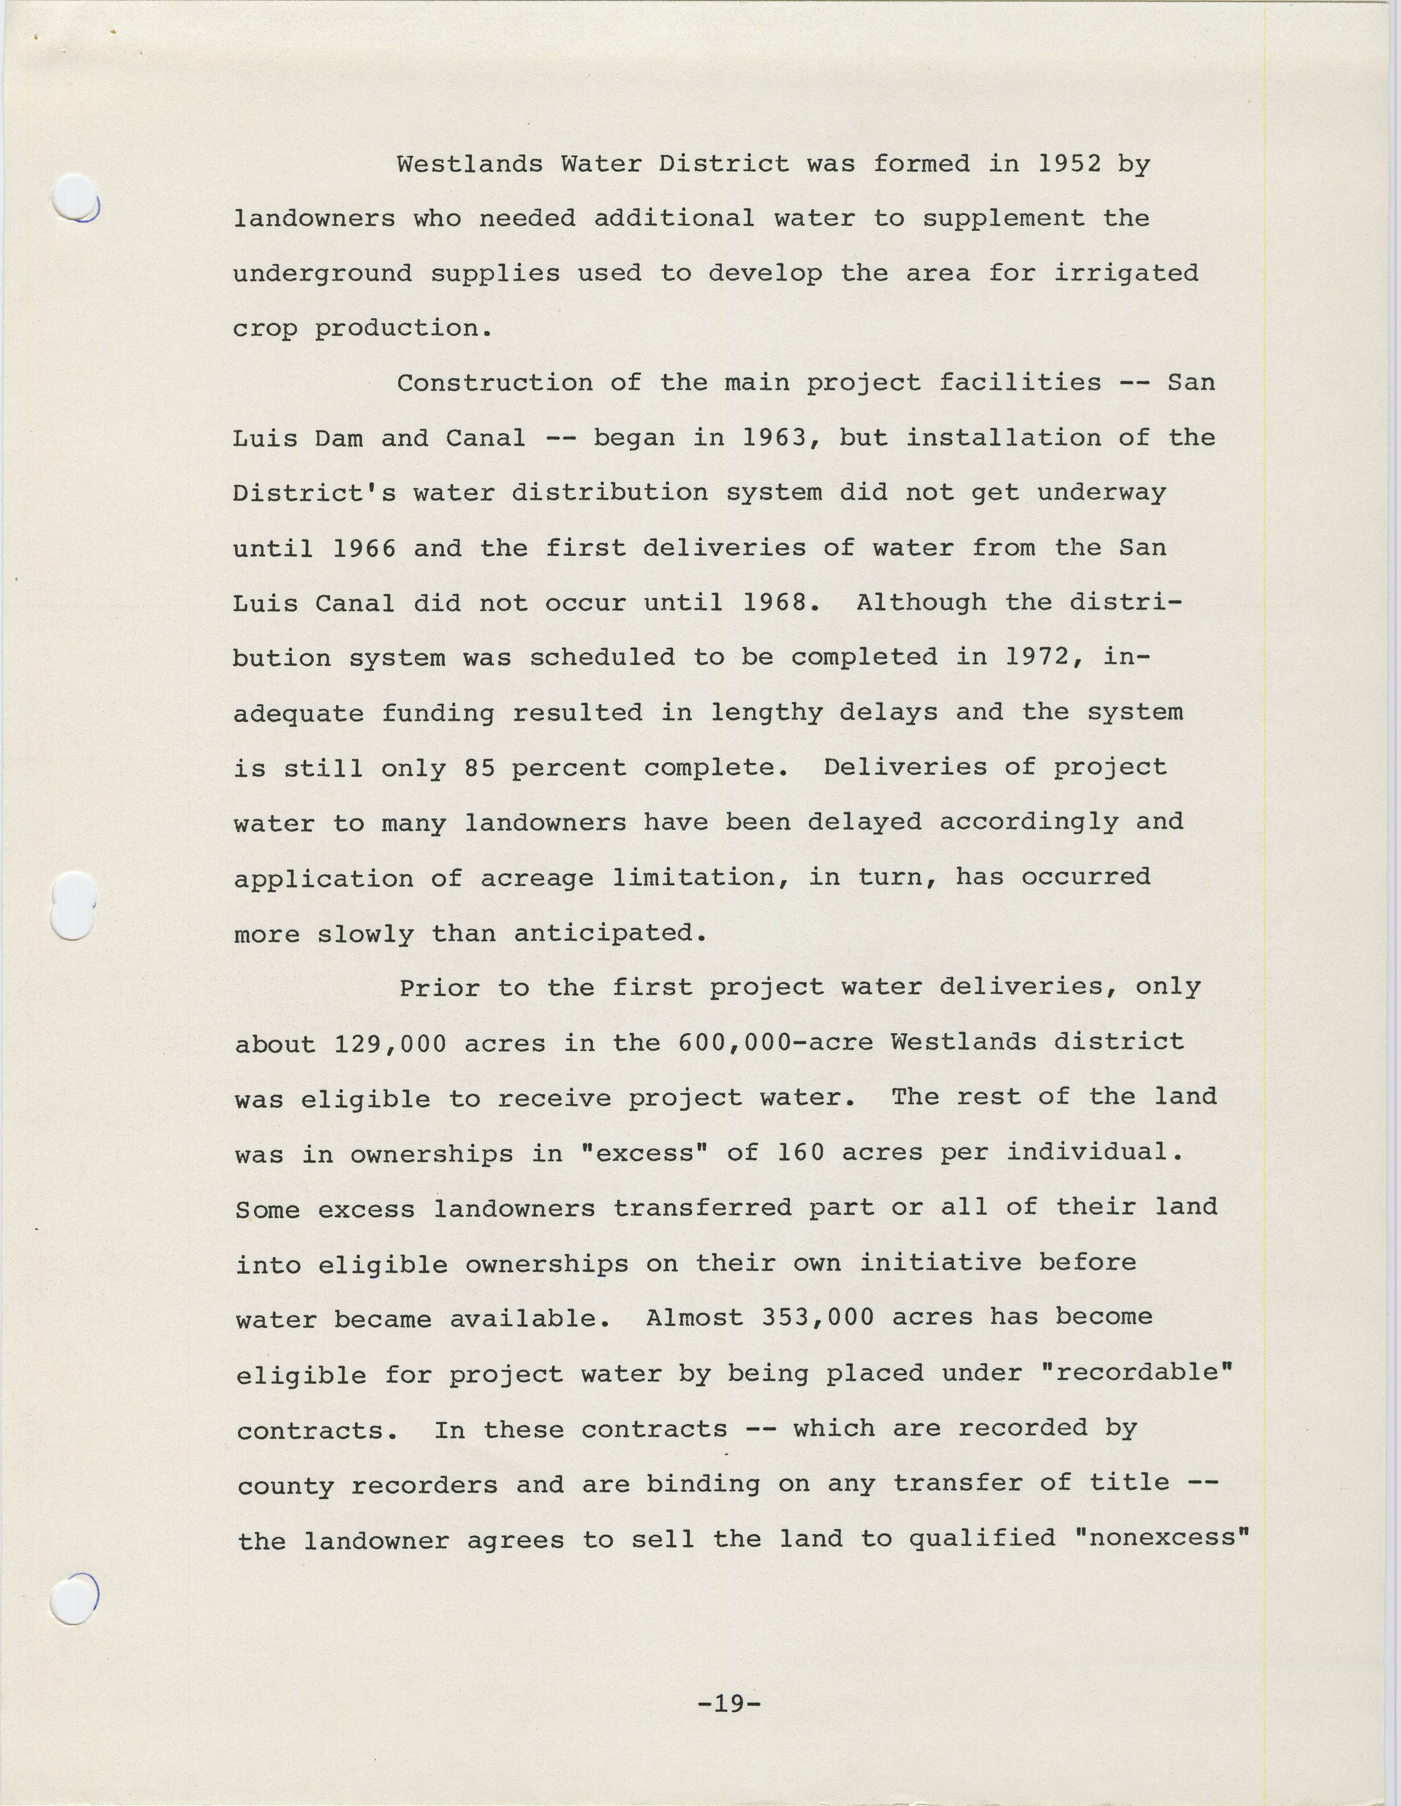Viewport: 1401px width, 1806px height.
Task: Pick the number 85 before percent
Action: [x=480, y=768]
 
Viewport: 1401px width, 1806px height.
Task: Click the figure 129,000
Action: [x=391, y=1044]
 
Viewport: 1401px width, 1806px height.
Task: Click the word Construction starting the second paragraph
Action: [x=494, y=383]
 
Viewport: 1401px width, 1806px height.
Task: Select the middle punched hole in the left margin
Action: [x=73, y=906]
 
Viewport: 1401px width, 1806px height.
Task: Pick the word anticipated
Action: [x=609, y=934]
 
